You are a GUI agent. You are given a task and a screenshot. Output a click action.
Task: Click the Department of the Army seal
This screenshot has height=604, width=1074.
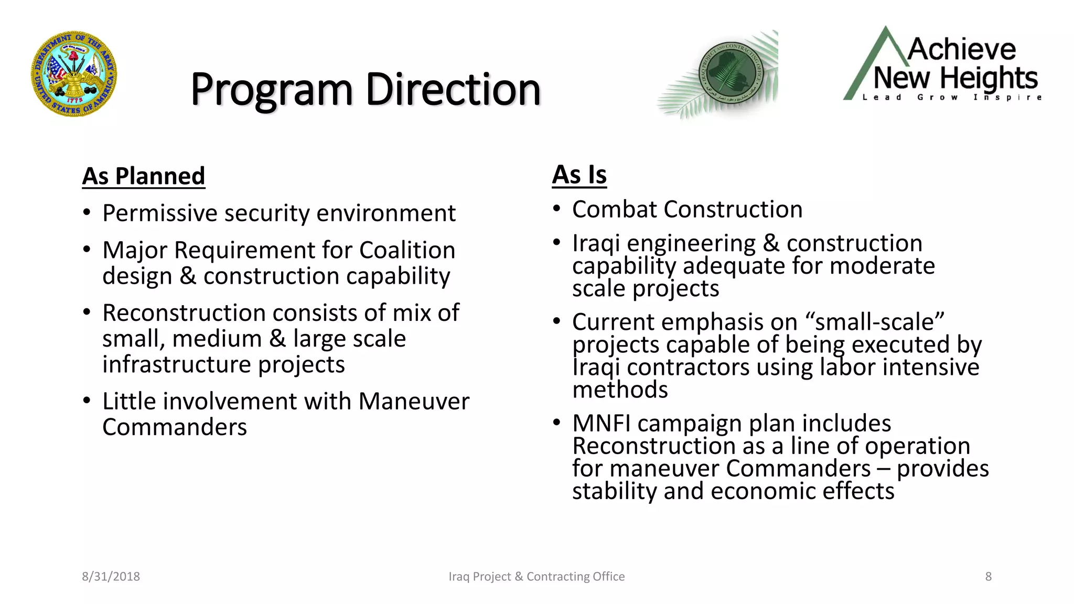coord(74,73)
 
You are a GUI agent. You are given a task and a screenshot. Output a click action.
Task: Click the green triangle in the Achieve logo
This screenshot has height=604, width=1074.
coord(865,68)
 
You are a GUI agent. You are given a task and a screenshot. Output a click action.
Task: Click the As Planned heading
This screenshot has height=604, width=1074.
coord(143,176)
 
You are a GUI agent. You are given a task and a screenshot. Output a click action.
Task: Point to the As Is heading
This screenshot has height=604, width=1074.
coord(579,175)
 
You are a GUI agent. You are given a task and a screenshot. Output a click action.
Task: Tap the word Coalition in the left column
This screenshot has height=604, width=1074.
coord(407,250)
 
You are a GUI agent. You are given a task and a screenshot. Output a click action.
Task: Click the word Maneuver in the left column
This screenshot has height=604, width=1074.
coord(414,402)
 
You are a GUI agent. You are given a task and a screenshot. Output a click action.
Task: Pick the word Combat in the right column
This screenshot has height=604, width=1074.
coord(614,210)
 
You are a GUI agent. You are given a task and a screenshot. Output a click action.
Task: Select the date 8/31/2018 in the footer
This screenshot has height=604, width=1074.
coord(111,576)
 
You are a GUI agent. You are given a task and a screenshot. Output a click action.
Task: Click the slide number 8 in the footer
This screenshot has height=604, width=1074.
coord(988,576)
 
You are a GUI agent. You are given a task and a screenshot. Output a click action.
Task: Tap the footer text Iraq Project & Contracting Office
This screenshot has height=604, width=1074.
coord(536,576)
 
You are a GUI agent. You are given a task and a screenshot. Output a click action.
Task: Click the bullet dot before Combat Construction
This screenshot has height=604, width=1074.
coord(557,209)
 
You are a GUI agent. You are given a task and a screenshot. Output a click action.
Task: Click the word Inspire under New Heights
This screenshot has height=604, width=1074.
coord(1007,98)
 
